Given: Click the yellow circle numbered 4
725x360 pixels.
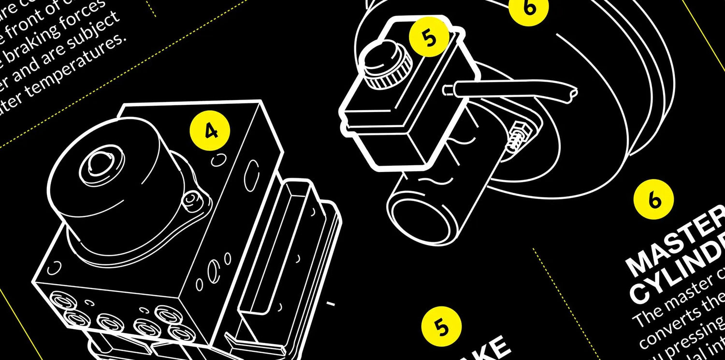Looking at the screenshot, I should [210, 130].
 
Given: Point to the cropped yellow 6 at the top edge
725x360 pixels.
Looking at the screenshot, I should [529, 8].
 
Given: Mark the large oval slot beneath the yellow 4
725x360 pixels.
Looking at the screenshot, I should [252, 172].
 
